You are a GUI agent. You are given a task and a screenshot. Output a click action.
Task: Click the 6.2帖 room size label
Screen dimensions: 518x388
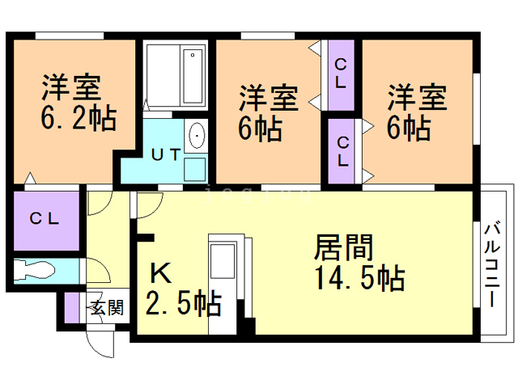79,117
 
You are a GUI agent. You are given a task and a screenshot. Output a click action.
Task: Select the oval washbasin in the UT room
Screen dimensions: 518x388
197,135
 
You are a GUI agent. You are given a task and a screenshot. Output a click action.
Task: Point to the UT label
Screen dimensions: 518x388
166,154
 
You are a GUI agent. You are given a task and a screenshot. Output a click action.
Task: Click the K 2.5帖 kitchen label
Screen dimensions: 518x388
183,289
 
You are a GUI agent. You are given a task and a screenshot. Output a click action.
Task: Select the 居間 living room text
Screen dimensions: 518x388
343,247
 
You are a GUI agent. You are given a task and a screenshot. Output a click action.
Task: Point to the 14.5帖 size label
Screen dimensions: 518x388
359,278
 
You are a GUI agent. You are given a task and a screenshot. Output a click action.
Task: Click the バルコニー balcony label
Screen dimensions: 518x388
492,265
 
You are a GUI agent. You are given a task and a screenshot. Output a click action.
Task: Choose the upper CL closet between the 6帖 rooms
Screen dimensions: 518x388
341,75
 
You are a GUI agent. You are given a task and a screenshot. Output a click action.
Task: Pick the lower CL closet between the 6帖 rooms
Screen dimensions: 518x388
341,151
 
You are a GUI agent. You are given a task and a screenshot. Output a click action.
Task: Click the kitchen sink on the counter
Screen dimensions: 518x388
223,261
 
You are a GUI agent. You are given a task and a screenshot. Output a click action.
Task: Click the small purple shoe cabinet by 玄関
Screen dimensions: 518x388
72,307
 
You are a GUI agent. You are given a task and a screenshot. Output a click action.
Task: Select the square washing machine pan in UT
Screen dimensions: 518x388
195,169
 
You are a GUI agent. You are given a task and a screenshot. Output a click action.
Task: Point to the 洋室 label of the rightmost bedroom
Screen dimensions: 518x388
417,97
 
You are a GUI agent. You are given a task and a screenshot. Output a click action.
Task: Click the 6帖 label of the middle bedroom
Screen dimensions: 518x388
261,129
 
